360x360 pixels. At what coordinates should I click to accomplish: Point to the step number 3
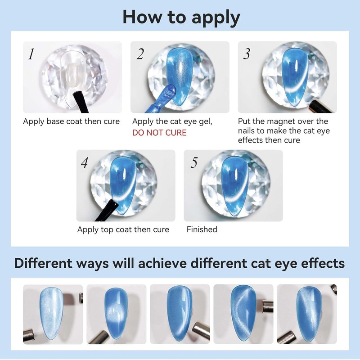pyautogui.click(x=247, y=54)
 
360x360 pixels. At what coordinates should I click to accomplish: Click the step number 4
pyautogui.click(x=84, y=163)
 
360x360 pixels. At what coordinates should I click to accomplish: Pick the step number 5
pyautogui.click(x=194, y=163)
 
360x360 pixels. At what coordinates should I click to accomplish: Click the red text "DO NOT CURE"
pyautogui.click(x=159, y=133)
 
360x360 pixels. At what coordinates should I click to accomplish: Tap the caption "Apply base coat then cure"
pyautogui.click(x=72, y=121)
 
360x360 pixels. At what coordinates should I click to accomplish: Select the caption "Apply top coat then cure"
pyautogui.click(x=123, y=229)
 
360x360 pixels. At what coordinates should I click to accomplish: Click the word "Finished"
pyautogui.click(x=202, y=229)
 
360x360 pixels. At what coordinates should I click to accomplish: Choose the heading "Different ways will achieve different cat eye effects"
pyautogui.click(x=180, y=263)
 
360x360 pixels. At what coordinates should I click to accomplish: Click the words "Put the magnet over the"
pyautogui.click(x=283, y=121)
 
